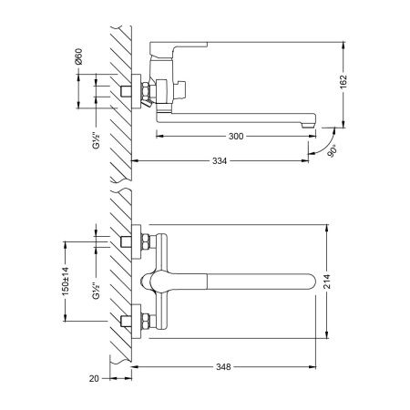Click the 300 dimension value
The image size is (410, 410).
[x=236, y=137]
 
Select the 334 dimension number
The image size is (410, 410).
[x=220, y=161]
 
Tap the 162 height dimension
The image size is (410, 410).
[x=343, y=82]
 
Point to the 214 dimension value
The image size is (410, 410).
[x=327, y=282]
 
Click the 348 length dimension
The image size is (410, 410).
[x=223, y=367]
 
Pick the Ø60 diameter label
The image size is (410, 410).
[x=78, y=56]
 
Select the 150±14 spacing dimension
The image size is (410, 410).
[x=66, y=281]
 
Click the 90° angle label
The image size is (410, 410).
[x=333, y=151]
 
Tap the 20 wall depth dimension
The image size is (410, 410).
[x=94, y=378]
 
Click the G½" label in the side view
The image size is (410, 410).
[x=96, y=140]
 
